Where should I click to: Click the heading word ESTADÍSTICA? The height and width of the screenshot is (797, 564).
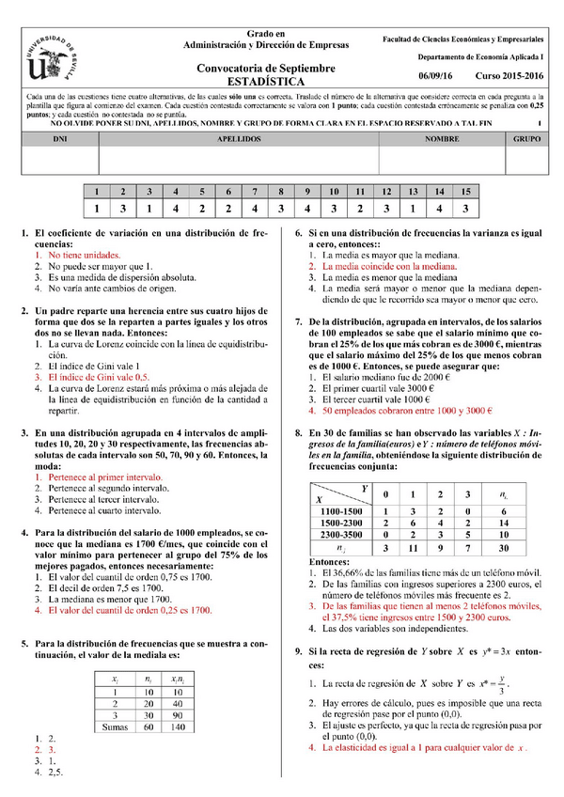coord(265,81)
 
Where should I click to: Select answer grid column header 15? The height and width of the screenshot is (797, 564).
coord(463,191)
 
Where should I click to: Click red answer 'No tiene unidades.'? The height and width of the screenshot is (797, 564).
coord(85,255)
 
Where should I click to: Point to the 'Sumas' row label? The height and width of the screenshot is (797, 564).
coord(115,727)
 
